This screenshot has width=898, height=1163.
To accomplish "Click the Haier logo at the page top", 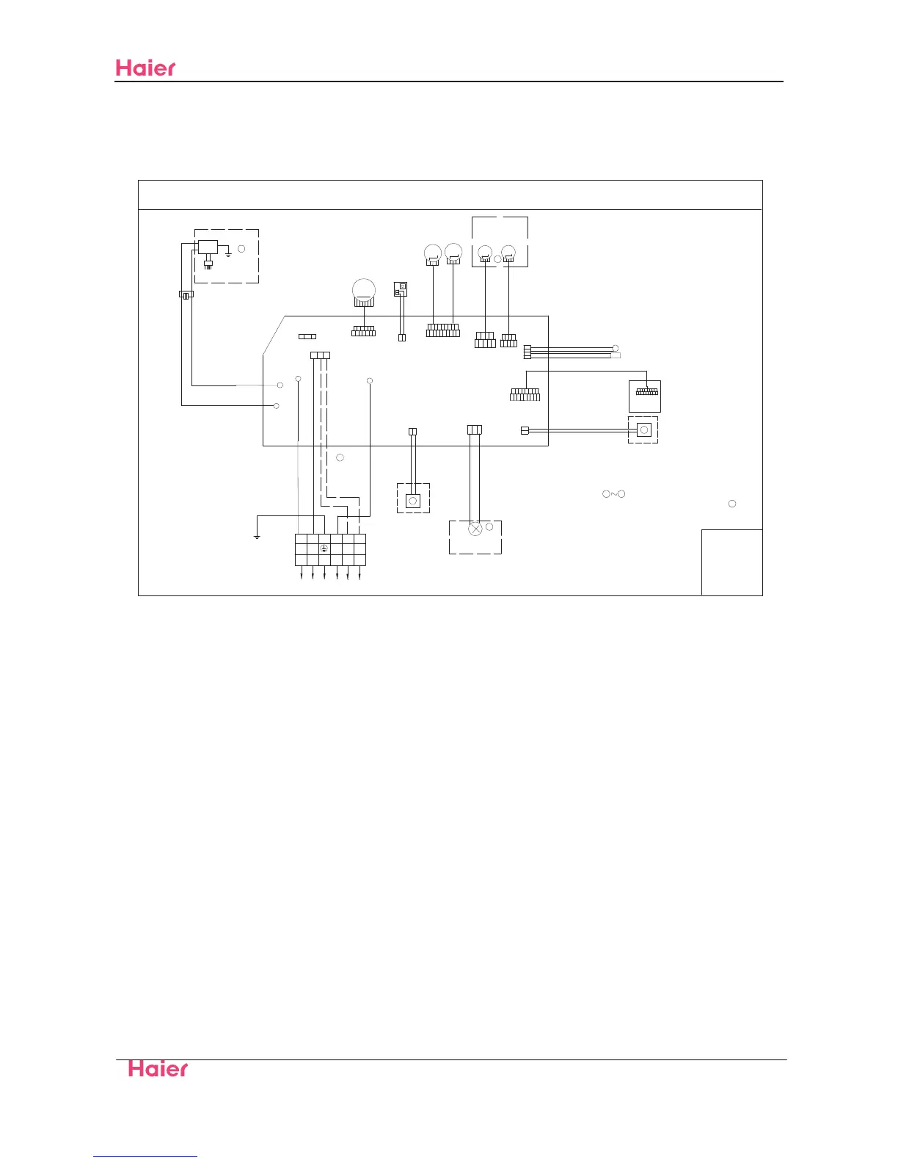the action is [145, 68].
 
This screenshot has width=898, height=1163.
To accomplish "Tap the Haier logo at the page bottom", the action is [158, 1068].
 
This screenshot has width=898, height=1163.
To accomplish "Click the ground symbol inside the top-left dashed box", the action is [229, 253].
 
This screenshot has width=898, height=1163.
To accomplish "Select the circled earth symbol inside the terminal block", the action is [324, 548].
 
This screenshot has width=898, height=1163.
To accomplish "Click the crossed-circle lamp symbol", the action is [475, 528].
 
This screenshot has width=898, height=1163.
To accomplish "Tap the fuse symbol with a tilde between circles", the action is [613, 494].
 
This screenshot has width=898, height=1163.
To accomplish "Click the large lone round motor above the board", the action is [363, 290].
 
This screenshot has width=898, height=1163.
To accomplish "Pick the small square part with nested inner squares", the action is [401, 289].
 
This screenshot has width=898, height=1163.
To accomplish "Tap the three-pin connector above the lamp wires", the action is [474, 430].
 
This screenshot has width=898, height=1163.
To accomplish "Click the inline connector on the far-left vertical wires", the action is [186, 295].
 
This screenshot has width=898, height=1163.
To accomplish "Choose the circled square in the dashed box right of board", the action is [643, 430].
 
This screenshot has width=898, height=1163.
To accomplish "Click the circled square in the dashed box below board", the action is [412, 501].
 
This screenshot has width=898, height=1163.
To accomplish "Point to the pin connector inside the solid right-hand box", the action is [646, 392].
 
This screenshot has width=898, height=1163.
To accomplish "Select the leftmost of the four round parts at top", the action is [433, 253].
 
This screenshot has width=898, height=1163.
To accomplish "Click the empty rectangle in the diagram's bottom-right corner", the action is [731, 562].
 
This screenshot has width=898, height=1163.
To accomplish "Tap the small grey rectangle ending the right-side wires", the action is [615, 355].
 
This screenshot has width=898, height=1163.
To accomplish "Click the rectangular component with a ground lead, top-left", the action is [208, 247].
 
